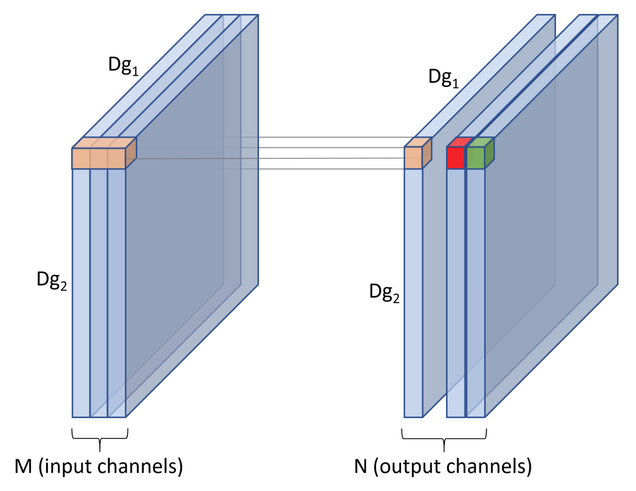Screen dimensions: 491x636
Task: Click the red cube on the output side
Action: click(x=455, y=157)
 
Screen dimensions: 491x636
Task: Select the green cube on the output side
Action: click(x=476, y=157)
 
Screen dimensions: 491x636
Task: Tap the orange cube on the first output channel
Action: click(x=413, y=157)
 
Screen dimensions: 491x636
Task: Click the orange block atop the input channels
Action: click(x=99, y=158)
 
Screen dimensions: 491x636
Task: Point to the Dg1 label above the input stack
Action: click(x=123, y=65)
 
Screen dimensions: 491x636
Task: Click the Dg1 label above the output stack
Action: click(x=443, y=78)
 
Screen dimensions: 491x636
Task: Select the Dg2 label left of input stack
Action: click(x=52, y=280)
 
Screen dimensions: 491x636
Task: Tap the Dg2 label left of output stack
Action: click(x=384, y=293)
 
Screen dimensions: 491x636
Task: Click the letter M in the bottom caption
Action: click(x=23, y=467)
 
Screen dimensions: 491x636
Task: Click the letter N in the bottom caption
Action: click(x=360, y=467)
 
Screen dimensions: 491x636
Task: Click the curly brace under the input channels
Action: click(x=100, y=438)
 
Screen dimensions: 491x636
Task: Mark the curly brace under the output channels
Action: click(x=444, y=438)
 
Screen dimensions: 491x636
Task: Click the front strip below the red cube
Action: click(x=455, y=292)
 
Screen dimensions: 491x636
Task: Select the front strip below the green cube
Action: click(x=476, y=292)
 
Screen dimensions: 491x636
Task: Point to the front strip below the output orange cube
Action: click(x=413, y=292)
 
